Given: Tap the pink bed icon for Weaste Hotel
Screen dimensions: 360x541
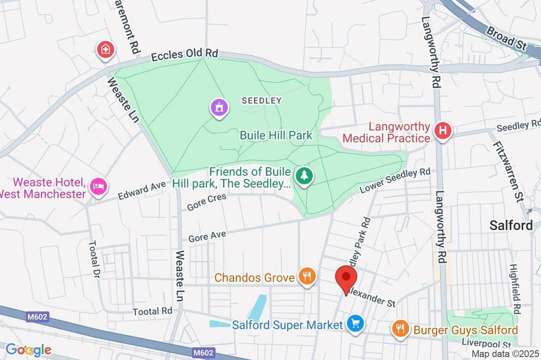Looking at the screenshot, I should pos(99,186).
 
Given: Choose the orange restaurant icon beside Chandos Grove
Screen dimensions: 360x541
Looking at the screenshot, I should pos(306,276).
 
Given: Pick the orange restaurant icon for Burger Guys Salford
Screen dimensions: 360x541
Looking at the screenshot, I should pos(400,330).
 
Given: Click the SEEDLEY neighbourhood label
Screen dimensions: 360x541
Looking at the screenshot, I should pos(262,100).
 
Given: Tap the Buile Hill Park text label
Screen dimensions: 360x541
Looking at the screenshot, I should pos(276,135).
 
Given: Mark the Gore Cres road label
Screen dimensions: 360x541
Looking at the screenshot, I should pos(207,202).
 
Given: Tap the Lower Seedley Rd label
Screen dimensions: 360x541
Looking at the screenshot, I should pos(395,181).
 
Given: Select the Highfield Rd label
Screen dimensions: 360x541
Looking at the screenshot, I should pos(515,290).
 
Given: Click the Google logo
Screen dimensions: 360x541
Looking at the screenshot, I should pos(28,349).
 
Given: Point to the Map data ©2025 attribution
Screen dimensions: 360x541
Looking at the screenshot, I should pos(505,354).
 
